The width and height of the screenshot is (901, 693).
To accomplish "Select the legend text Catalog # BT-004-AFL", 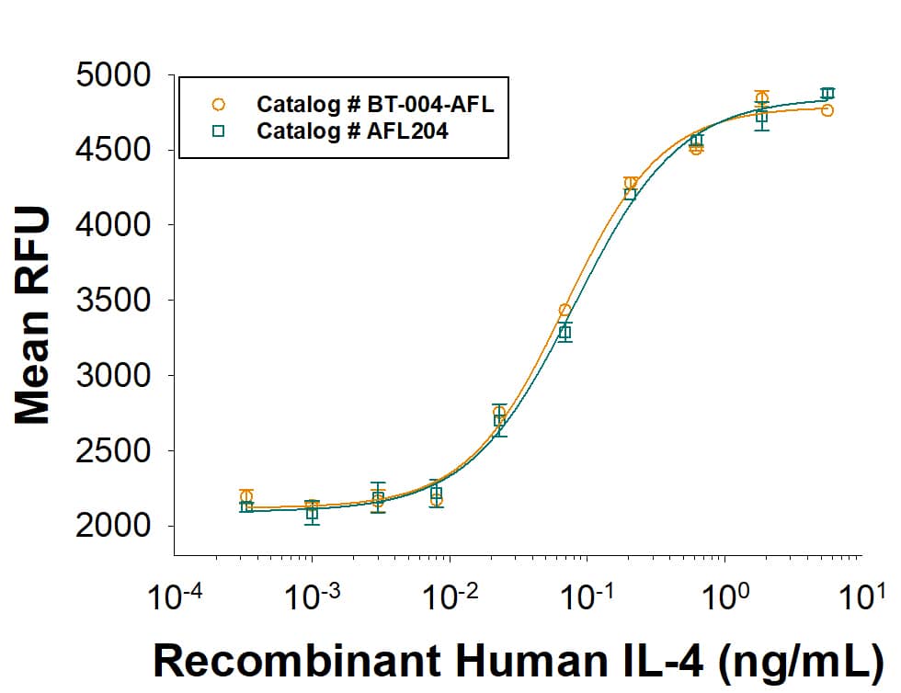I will (x=375, y=104).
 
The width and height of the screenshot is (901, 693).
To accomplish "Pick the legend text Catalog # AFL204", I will (x=352, y=131).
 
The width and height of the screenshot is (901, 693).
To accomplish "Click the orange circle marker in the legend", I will (x=218, y=104).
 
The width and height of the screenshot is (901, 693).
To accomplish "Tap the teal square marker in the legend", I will (x=218, y=131).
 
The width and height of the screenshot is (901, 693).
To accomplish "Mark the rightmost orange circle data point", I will (x=827, y=110).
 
